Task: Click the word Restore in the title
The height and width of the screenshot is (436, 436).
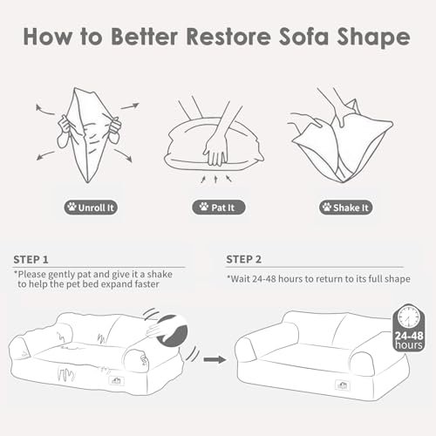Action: click(228, 37)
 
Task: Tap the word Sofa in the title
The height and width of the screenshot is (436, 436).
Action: click(304, 37)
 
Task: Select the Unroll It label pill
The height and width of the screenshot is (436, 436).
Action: click(91, 208)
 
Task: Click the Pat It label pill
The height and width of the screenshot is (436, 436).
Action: click(218, 208)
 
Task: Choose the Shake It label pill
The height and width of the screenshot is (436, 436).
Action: click(345, 208)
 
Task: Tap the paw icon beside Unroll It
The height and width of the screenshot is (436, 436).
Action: click(72, 207)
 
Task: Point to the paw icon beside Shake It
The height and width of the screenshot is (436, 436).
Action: click(327, 207)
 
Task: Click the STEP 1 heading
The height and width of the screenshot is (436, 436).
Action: click(31, 259)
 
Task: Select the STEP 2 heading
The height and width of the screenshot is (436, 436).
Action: click(244, 259)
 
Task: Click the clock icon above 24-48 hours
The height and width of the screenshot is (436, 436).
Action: click(409, 317)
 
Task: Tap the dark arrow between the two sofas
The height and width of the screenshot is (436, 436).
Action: click(215, 359)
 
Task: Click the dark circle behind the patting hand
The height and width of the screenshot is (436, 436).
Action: click(173, 331)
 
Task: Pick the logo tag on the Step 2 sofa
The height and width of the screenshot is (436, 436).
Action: click(343, 385)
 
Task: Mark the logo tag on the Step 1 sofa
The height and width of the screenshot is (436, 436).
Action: click(117, 380)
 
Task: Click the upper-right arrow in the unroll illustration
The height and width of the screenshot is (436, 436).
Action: click(130, 106)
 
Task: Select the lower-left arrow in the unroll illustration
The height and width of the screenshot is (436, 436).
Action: click(45, 155)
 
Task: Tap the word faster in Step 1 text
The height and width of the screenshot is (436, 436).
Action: click(146, 284)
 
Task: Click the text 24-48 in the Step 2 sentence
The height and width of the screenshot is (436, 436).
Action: click(263, 279)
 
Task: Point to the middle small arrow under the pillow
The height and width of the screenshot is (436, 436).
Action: click(215, 179)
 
